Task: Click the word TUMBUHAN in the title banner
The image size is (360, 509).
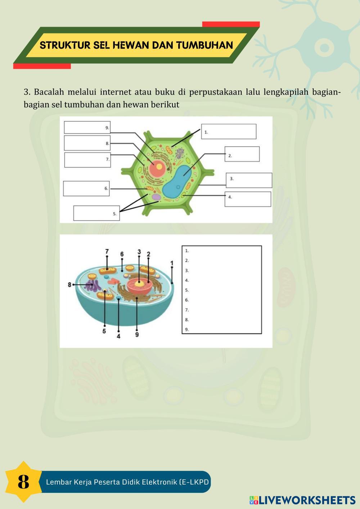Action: [204, 45]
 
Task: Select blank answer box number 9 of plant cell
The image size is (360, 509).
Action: [87, 127]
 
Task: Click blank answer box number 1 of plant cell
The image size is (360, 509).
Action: [229, 131]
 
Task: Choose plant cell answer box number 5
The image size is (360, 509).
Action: [96, 213]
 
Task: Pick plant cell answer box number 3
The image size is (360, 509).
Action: [249, 180]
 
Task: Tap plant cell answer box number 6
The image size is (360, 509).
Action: [86, 188]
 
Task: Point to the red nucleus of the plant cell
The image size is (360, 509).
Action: [157, 168]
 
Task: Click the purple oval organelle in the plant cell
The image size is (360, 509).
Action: [156, 197]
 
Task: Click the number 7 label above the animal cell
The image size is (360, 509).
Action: [107, 252]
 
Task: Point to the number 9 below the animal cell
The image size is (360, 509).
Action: [137, 334]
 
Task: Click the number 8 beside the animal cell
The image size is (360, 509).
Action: [69, 284]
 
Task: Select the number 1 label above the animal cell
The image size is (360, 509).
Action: [172, 263]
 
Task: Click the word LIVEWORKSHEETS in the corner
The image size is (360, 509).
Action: [307, 500]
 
